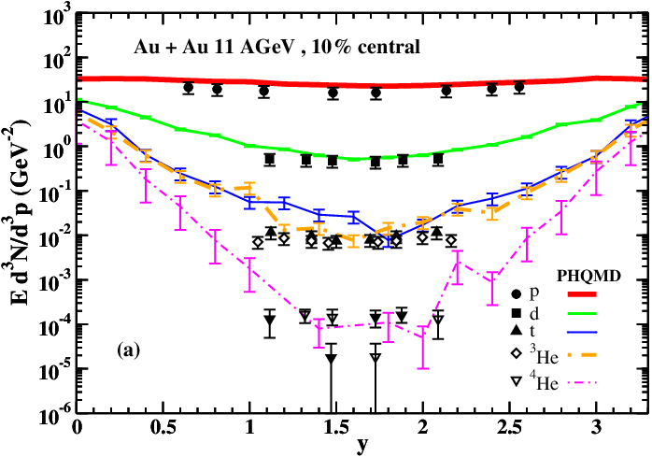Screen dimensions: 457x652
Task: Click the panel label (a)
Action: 130,350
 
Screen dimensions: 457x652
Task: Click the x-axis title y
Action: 361,447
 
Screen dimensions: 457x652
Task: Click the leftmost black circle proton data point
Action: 189,88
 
